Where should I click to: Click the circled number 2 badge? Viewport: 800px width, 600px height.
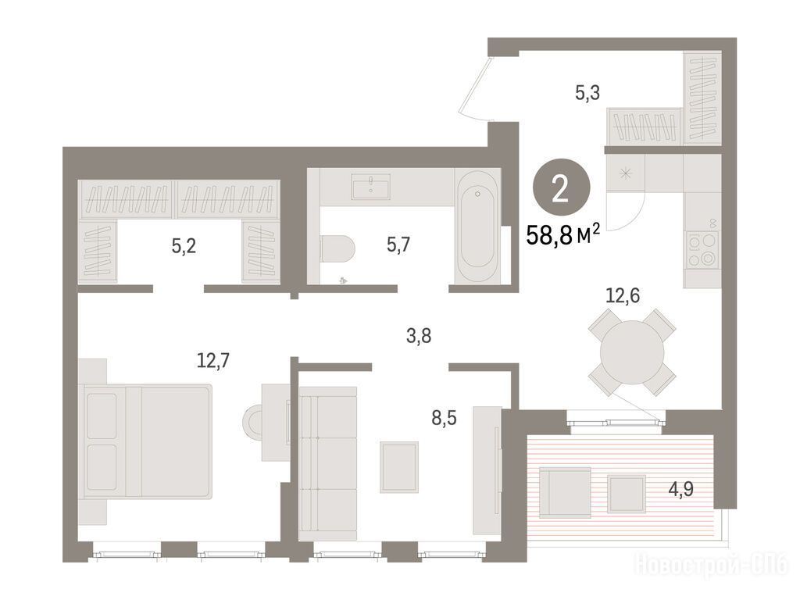[x=561, y=189]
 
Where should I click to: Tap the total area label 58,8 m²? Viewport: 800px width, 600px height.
[x=562, y=236]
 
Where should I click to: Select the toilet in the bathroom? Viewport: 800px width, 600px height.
[x=337, y=250]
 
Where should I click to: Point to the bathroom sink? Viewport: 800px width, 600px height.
[x=371, y=187]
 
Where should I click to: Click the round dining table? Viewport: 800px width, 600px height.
[x=632, y=352]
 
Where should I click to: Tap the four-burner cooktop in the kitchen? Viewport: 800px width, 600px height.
[x=701, y=249]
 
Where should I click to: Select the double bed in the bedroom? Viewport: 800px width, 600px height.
[x=148, y=441]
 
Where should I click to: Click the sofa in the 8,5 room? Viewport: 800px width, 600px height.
[x=327, y=463]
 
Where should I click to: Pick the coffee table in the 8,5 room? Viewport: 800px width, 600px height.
[x=399, y=467]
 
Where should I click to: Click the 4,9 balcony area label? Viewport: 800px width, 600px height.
[x=681, y=490]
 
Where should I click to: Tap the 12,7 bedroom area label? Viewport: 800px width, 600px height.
[x=213, y=361]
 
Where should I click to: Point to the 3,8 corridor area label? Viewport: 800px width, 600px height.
[x=419, y=336]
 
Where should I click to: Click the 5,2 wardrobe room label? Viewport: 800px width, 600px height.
[x=184, y=247]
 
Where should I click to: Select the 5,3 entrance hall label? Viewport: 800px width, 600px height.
[x=587, y=93]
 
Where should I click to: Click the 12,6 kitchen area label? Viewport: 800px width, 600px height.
[x=623, y=295]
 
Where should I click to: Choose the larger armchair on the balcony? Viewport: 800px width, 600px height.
[x=566, y=492]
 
